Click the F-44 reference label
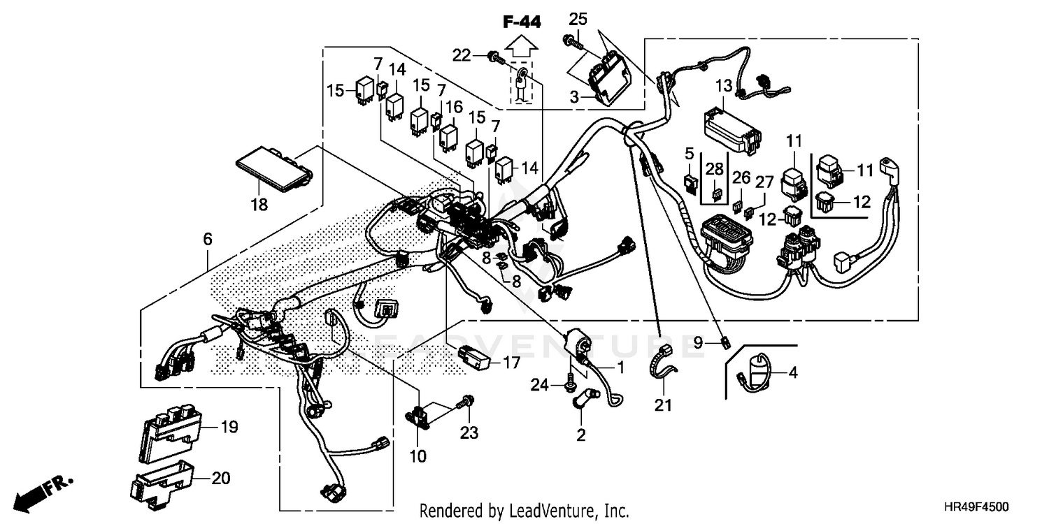click(x=522, y=22)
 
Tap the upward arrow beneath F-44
click(x=522, y=48)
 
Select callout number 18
click(x=259, y=205)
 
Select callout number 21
click(x=663, y=405)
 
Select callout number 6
click(x=208, y=239)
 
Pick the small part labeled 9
click(x=727, y=342)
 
